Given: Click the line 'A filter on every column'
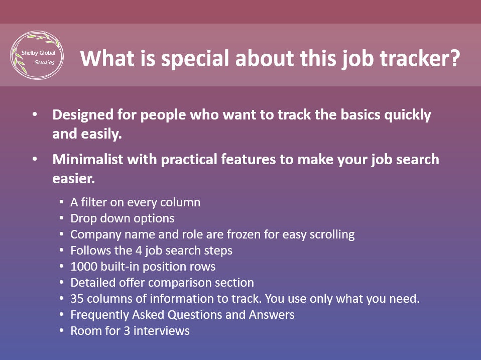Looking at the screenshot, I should click(135, 202).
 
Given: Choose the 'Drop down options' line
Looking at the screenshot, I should click(122, 218).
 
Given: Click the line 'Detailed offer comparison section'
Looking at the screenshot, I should click(162, 283).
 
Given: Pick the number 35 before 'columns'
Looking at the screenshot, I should click(77, 299).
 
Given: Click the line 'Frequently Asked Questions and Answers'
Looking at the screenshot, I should click(182, 315).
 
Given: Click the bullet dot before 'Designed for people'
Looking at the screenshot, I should click(35, 115).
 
